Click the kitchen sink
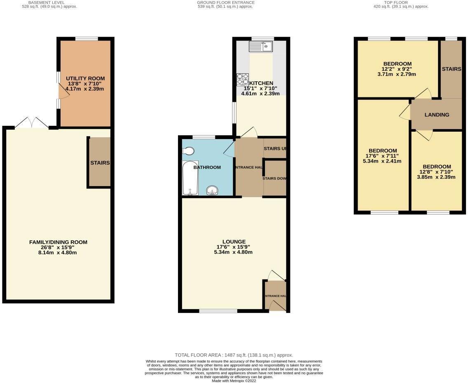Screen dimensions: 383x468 (261, 47)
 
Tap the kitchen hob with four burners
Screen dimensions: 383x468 (242, 79)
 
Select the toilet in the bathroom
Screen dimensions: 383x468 (189, 152)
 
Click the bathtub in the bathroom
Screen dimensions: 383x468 (190, 178)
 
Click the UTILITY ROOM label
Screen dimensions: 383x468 (85, 78)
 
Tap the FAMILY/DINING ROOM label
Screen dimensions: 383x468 (58, 242)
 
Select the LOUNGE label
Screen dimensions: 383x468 (234, 242)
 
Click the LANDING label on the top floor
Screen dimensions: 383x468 (437, 115)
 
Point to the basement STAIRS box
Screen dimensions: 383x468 (99, 163)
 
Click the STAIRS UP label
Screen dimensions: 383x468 (275, 149)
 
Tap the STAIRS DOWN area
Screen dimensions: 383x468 (275, 178)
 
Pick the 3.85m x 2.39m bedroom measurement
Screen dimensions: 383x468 (436, 177)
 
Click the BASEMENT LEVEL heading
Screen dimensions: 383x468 (49, 2)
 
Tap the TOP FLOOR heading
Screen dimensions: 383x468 (395, 2)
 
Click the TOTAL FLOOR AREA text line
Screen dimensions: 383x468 (234, 355)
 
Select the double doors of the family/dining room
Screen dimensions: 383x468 (31, 123)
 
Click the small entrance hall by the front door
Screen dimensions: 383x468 (275, 296)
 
